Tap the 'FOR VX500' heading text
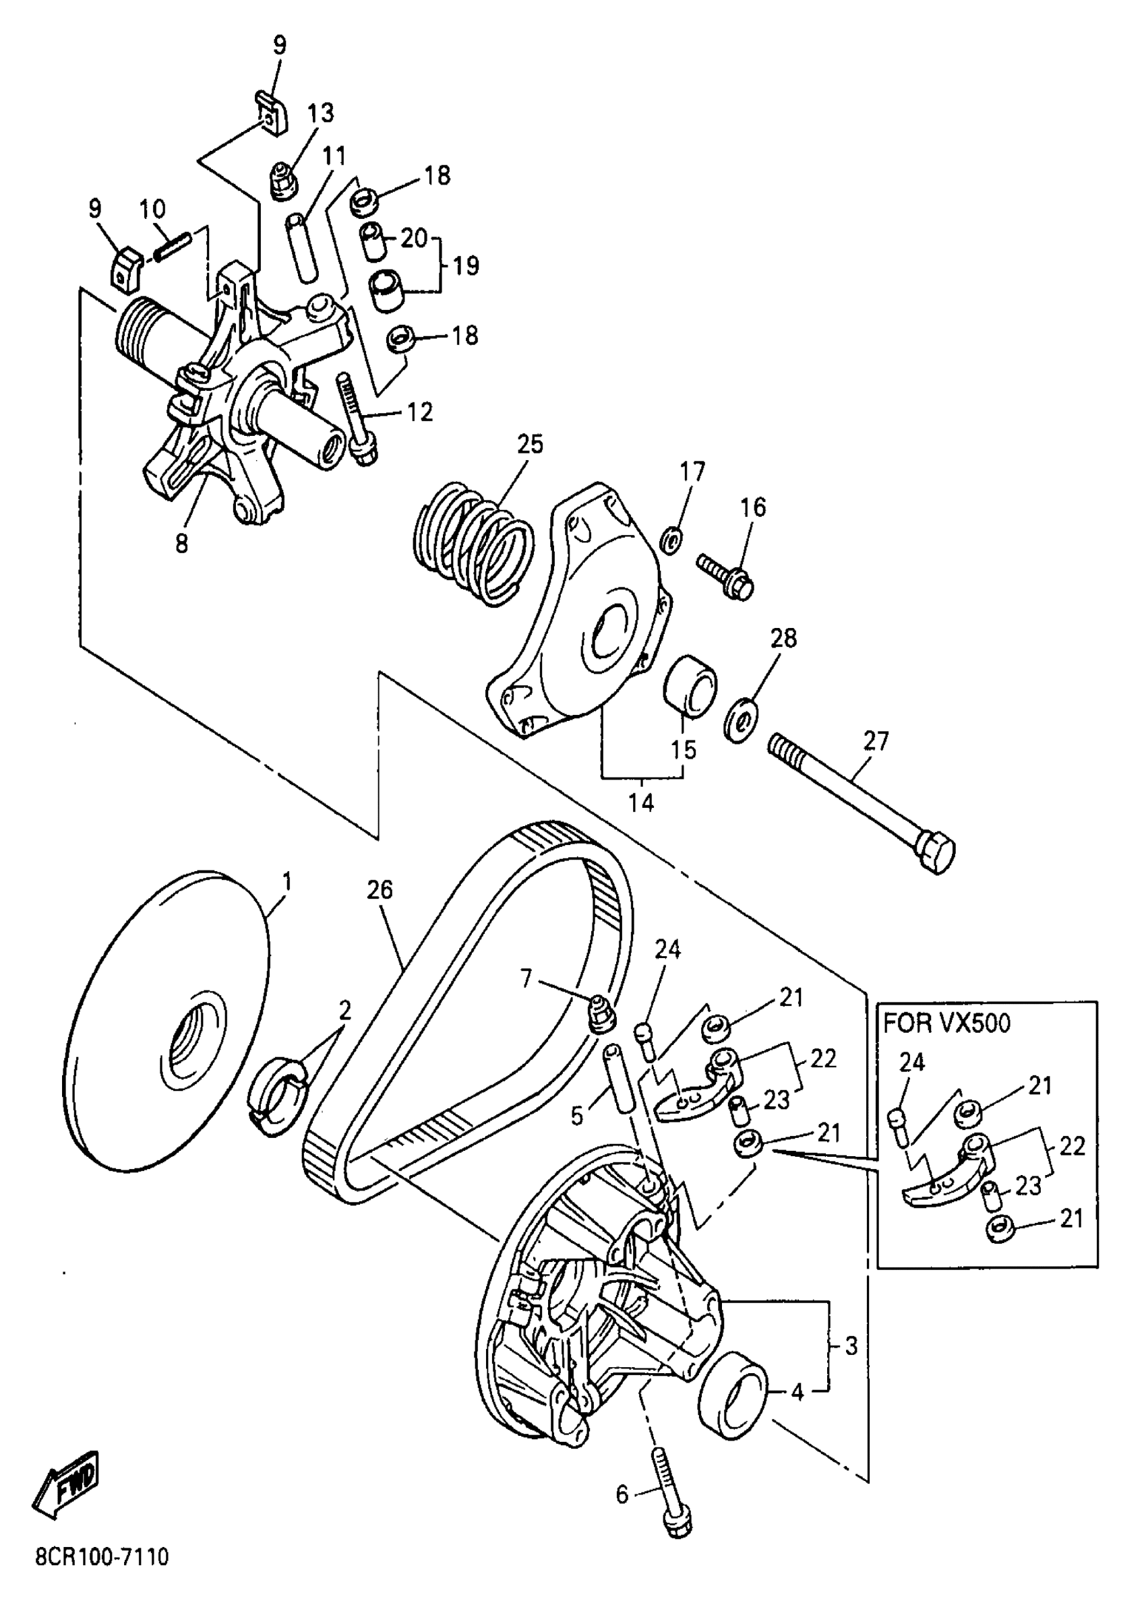pyautogui.click(x=946, y=1022)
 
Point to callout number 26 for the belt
pyautogui.click(x=380, y=889)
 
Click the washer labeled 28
pyautogui.click(x=742, y=721)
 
